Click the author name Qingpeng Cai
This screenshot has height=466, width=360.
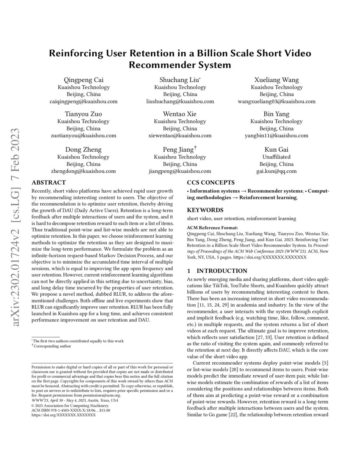83,80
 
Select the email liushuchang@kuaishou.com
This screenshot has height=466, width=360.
180,101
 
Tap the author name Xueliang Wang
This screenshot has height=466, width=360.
277,80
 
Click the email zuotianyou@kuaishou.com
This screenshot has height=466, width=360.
83,136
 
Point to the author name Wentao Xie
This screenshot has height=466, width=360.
180,114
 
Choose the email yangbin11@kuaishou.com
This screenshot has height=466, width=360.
277,136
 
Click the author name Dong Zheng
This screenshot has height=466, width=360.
83,149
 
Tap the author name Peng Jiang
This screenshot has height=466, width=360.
178,149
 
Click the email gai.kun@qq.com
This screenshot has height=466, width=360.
277,171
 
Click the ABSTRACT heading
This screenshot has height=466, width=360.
49,183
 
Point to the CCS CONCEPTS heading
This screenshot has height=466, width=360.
210,183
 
